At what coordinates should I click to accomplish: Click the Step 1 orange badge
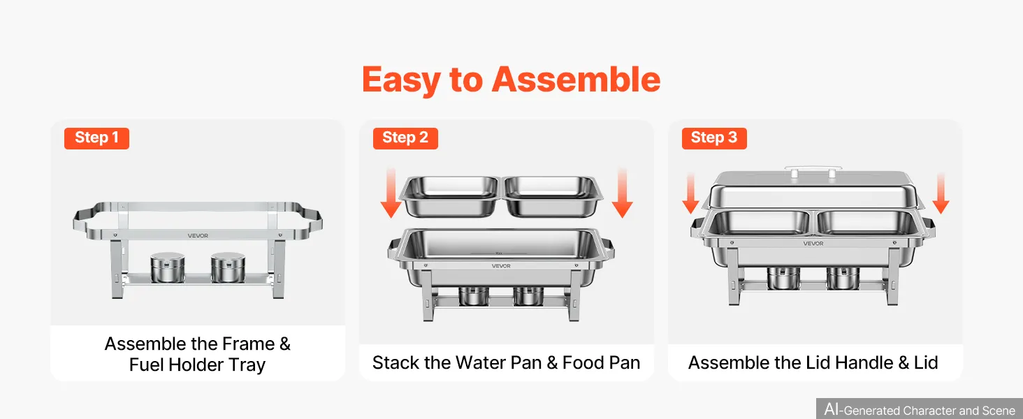coord(96,138)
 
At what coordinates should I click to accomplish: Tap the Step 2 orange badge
coord(405,138)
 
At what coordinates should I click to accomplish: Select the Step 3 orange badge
coord(714,138)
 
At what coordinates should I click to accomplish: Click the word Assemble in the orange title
coord(576,80)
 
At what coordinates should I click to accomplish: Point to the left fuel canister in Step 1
coord(168,267)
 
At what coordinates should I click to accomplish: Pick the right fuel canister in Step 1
coord(228,267)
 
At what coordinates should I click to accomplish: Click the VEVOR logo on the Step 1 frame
coord(198,235)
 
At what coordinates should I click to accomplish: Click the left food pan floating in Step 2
coord(450,196)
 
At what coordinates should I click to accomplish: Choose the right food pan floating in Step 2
coord(552,196)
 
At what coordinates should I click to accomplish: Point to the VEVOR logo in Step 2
coord(501,265)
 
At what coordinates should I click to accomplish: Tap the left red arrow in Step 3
coord(690,193)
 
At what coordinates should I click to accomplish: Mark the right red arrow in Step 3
coord(941,193)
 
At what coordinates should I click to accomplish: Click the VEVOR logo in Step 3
coord(813,243)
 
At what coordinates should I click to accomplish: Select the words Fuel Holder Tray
coord(197,365)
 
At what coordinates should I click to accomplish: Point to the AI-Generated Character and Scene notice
coord(920,409)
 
